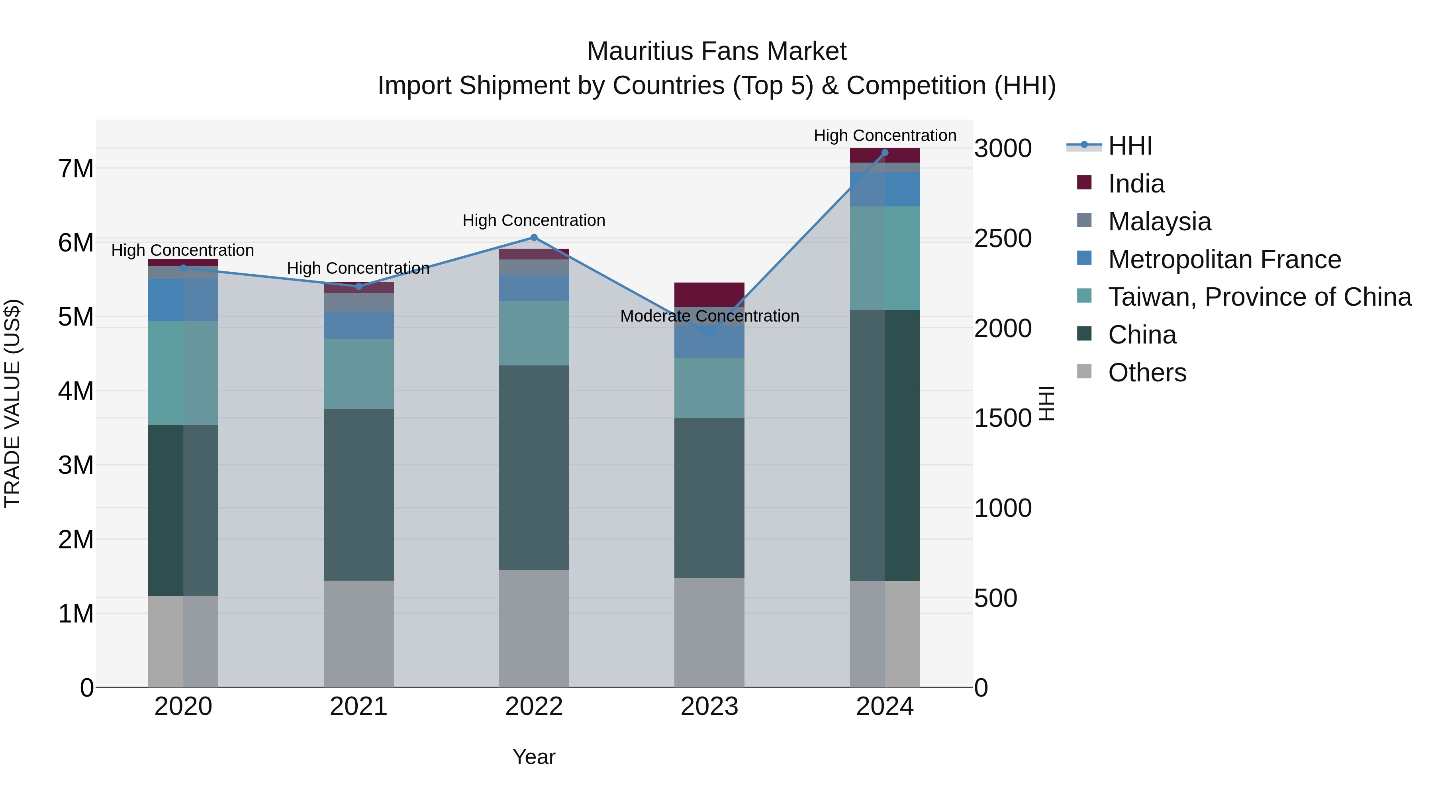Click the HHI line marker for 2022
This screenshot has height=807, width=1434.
coord(534,237)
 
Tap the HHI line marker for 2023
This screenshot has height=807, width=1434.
coord(709,334)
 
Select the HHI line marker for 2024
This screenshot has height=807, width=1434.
coord(885,153)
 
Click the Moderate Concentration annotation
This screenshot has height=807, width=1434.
coord(709,316)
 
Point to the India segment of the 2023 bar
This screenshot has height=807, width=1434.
coord(709,295)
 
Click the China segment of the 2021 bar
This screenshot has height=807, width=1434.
coord(358,495)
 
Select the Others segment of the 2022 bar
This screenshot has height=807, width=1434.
coord(534,628)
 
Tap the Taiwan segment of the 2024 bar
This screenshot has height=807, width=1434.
coord(885,258)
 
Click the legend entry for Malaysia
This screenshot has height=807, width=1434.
coord(1159,222)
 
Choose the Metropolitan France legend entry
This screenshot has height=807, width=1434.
coord(1224,259)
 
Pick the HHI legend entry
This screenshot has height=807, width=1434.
coord(1130,146)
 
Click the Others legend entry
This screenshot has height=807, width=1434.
coord(1147,373)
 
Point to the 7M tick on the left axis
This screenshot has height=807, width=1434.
coord(76,168)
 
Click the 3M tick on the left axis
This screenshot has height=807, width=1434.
coord(76,465)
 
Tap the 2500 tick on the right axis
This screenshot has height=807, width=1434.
coord(1003,238)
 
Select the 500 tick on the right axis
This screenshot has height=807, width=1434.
coord(995,598)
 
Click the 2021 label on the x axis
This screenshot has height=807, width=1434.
coord(358,707)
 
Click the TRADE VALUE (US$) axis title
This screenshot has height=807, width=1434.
coord(12,403)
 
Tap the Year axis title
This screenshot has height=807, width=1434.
coord(534,757)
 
